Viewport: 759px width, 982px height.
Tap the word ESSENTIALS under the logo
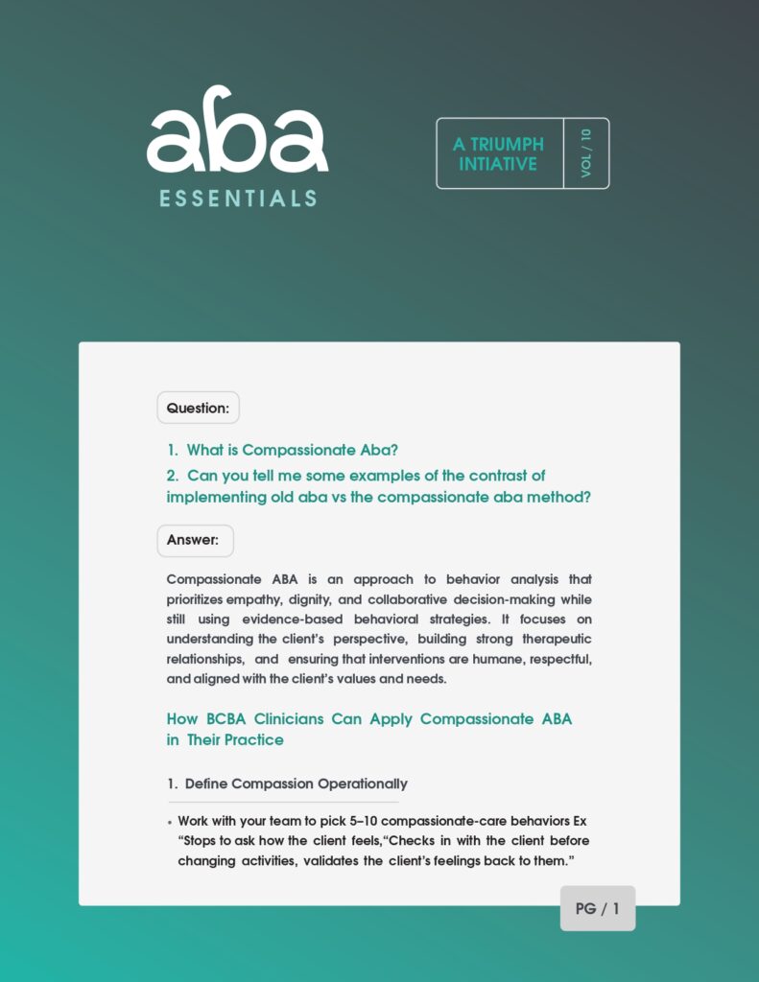coord(238,199)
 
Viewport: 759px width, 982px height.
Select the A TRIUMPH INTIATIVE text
coord(498,153)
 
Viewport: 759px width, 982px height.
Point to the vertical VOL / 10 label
coord(586,153)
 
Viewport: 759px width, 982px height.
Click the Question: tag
coord(198,408)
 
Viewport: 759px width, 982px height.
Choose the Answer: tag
coord(195,540)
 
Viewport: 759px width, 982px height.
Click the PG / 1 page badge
coord(597,908)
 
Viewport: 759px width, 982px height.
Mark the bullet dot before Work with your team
coord(170,823)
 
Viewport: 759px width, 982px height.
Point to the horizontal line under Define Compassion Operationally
coord(283,802)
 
